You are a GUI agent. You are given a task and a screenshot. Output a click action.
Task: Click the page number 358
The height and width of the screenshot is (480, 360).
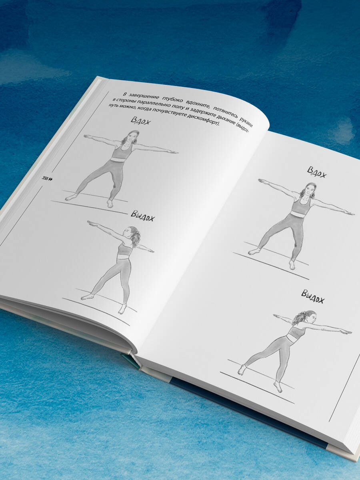point(45,178)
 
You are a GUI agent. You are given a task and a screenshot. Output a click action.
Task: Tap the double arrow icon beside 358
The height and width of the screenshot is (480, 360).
point(51,179)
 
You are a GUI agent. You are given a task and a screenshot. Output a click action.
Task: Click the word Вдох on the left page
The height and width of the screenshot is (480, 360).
point(141,121)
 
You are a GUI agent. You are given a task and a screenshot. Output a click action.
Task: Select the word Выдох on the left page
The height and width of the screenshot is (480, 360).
point(143,216)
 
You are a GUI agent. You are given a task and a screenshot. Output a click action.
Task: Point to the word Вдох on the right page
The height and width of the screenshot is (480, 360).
point(317,172)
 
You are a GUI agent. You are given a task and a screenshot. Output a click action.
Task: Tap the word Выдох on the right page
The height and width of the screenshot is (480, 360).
point(312,296)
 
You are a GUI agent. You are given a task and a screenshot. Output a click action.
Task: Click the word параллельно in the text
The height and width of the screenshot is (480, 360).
point(152,104)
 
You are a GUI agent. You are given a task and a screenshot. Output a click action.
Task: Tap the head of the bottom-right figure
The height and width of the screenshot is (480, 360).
point(306,318)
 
